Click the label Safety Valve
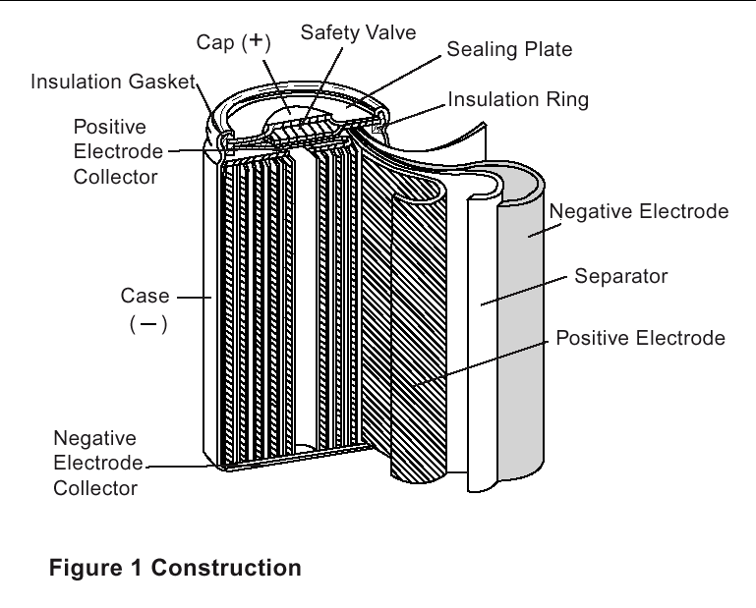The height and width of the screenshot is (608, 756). point(358,32)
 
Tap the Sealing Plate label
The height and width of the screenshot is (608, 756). point(509,49)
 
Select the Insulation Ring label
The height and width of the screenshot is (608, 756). point(518,100)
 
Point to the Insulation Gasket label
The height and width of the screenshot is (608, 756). point(113,82)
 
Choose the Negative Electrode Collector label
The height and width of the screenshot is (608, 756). point(96,462)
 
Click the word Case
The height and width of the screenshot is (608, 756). point(145,296)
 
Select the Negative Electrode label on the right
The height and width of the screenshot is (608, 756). point(639,211)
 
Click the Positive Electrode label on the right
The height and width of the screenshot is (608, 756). point(640,339)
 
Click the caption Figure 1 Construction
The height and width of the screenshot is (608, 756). point(176,569)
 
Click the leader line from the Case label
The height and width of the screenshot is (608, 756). point(191,296)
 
